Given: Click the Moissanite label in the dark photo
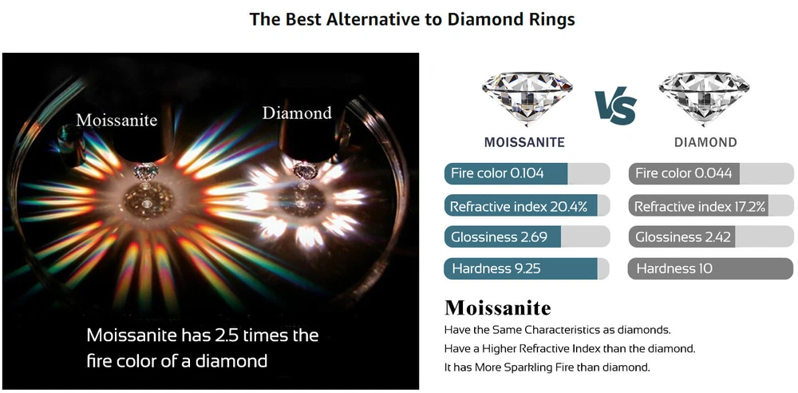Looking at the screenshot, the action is pos(117,120).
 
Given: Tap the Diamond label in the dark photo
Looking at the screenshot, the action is pos(297,113).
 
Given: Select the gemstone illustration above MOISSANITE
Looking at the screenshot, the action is pos(527,99).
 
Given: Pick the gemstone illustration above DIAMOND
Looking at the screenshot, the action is pos(704,99).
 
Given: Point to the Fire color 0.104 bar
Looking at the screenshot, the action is pos(527,173).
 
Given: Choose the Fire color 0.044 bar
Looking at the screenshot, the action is pos(711,173).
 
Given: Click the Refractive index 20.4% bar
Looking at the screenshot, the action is pos(527,206).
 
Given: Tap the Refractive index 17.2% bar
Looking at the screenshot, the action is pos(711,206).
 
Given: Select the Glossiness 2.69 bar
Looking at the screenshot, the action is pos(527,237).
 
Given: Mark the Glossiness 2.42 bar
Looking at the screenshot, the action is pos(711,237).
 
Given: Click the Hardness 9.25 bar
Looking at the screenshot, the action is pos(527,268).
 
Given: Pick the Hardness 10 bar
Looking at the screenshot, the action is pos(711,268).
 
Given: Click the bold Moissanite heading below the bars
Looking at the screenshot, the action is pos(498,308).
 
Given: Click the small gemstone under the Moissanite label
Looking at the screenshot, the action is pos(144,171).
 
